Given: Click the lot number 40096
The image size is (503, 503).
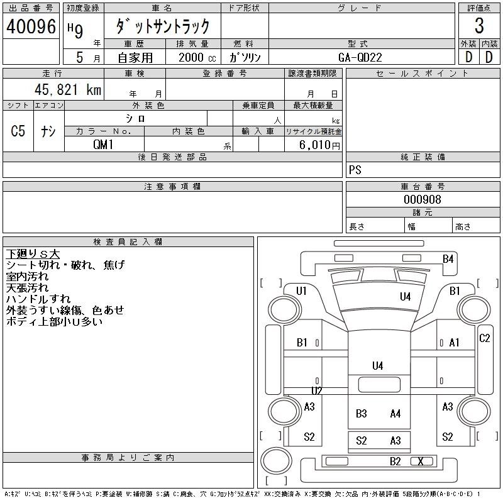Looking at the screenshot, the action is (x=31, y=26).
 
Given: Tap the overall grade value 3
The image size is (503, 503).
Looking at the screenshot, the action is (x=479, y=26).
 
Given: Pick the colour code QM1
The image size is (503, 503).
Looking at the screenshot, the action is (x=104, y=144).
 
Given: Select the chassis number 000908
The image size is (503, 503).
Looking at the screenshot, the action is (x=422, y=199).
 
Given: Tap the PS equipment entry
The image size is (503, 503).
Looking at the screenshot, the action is (x=355, y=170).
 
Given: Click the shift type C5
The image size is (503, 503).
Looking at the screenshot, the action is (x=18, y=131).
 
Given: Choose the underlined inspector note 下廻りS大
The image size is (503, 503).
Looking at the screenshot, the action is (x=33, y=254).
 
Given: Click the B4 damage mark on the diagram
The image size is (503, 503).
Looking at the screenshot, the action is (x=448, y=258).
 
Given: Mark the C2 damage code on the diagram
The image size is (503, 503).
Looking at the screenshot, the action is (x=484, y=338).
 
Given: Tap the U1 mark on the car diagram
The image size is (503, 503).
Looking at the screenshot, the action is (x=302, y=290).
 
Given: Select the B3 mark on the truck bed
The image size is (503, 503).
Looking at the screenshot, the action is (x=362, y=414).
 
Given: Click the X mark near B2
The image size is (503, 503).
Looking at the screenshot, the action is (x=421, y=462).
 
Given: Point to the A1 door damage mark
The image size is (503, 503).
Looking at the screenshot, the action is (x=455, y=343).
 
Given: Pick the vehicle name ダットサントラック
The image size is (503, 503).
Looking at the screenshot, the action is (x=162, y=26).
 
